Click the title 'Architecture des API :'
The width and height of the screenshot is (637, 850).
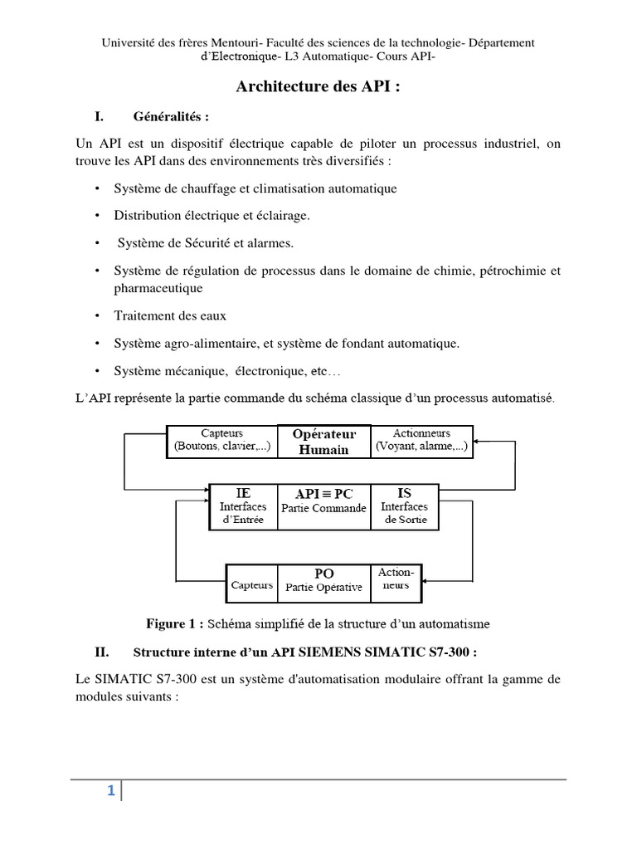(318, 88)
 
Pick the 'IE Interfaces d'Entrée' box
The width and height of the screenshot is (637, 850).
(243, 506)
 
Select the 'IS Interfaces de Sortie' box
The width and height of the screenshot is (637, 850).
(404, 506)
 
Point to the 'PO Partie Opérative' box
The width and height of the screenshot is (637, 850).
(323, 579)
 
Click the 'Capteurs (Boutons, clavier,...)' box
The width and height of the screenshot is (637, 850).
(221, 441)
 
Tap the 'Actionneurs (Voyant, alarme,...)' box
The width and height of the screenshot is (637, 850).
(421, 441)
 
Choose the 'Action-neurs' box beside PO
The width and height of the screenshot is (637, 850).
(396, 579)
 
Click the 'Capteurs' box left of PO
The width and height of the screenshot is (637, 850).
(252, 584)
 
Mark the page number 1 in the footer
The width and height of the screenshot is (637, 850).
(109, 791)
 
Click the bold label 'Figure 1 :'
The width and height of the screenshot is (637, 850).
(175, 623)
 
